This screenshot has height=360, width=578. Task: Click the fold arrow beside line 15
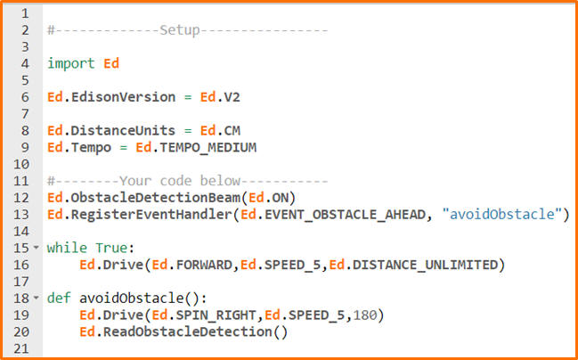coord(37,248)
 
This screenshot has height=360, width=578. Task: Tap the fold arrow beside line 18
coord(37,299)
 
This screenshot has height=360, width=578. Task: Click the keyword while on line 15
coord(67,248)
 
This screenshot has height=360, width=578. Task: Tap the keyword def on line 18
coord(59,299)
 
